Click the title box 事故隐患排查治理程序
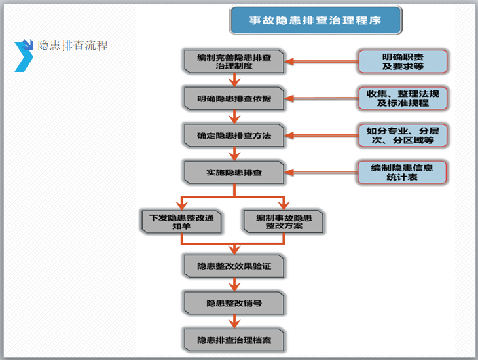(315, 20)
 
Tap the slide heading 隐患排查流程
(73, 46)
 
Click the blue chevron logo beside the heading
(24, 55)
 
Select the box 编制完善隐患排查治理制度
(234, 62)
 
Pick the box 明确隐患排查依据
(234, 98)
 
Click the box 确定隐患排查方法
(234, 135)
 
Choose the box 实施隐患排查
(234, 172)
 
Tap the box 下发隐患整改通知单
(181, 222)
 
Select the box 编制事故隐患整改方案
(284, 222)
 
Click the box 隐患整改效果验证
(234, 267)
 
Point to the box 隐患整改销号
(234, 303)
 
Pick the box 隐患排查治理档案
(234, 340)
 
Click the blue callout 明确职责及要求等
(403, 62)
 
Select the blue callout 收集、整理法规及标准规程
(403, 98)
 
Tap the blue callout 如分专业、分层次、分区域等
(403, 135)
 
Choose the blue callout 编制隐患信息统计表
(403, 172)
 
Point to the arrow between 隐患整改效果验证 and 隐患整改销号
(234, 285)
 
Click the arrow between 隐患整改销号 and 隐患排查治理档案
(234, 321)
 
